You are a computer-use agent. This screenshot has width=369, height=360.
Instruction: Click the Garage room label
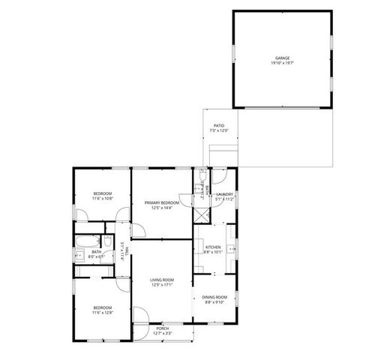click(x=282, y=58)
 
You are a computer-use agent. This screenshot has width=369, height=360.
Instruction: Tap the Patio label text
click(x=219, y=126)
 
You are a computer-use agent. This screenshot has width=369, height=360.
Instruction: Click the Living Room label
click(x=162, y=280)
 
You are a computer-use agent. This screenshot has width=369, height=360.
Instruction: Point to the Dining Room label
click(x=215, y=298)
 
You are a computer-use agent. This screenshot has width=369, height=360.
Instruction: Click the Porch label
click(x=162, y=328)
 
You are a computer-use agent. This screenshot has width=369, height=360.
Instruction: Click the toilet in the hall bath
click(x=108, y=241)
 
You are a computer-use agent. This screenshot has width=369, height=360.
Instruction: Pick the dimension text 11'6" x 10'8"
click(x=102, y=199)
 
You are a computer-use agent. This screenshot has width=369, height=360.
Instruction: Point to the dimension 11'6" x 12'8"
click(x=102, y=312)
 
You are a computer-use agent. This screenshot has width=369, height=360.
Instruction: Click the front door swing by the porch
click(x=140, y=316)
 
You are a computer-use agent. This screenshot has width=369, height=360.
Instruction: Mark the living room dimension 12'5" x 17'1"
click(x=162, y=284)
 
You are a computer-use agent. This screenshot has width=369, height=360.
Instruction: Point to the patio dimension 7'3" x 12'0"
click(x=219, y=130)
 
